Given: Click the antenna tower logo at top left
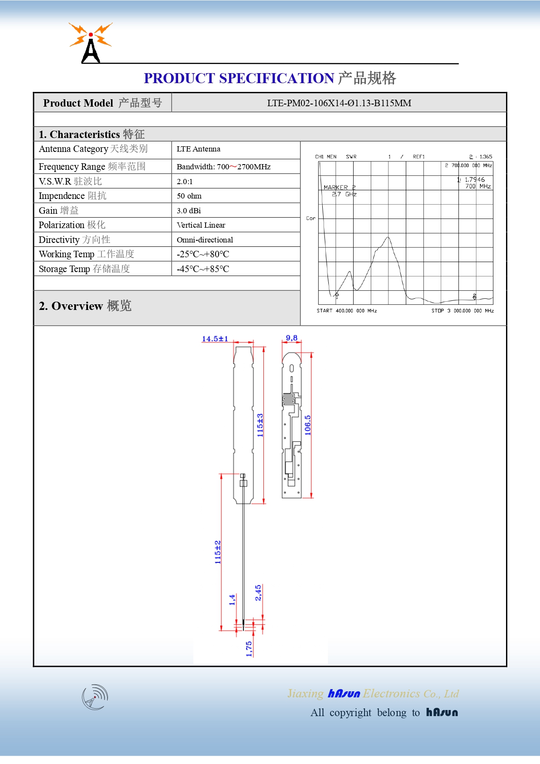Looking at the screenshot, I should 91,43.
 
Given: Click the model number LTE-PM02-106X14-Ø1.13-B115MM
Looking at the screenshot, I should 339,103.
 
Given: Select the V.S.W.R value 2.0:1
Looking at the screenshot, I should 185,182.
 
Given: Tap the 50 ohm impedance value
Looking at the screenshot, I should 189,196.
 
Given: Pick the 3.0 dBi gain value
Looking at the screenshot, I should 189,211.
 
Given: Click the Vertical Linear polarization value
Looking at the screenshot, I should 201,225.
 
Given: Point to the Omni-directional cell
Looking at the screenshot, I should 205,240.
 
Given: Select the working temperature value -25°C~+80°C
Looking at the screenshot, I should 202,254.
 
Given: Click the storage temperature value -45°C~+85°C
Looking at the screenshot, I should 202,269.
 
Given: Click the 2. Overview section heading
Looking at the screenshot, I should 85,306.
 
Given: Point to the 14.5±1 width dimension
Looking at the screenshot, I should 215,339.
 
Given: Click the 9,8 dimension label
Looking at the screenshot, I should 291,338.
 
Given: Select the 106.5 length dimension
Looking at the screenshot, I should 308,425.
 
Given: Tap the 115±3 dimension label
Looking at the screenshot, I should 260,425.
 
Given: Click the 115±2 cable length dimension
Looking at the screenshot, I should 218,552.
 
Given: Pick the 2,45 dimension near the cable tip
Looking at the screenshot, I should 258,592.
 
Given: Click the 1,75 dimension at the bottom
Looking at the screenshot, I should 249,649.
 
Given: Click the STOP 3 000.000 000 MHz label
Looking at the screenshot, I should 462,311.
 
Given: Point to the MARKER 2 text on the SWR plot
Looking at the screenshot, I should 339,187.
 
